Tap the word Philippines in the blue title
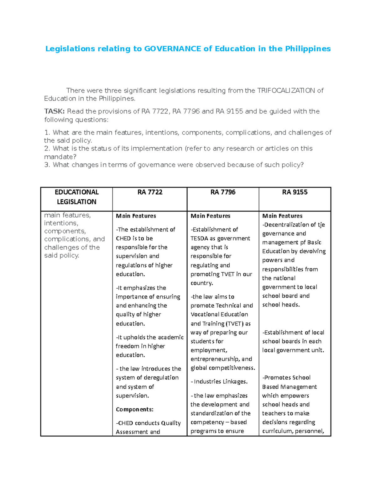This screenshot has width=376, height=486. pyautogui.click(x=308, y=49)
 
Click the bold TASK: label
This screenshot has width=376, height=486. pyautogui.click(x=55, y=111)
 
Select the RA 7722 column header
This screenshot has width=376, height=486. pyautogui.click(x=150, y=192)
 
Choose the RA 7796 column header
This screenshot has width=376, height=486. pyautogui.click(x=223, y=192)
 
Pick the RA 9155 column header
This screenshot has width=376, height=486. pyautogui.click(x=295, y=192)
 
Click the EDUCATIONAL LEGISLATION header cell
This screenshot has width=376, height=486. pyautogui.click(x=76, y=197)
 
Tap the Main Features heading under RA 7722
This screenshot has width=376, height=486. pyautogui.click(x=136, y=216)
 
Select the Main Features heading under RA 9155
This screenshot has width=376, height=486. pyautogui.click(x=282, y=216)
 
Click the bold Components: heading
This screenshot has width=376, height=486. pyautogui.click(x=134, y=409)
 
